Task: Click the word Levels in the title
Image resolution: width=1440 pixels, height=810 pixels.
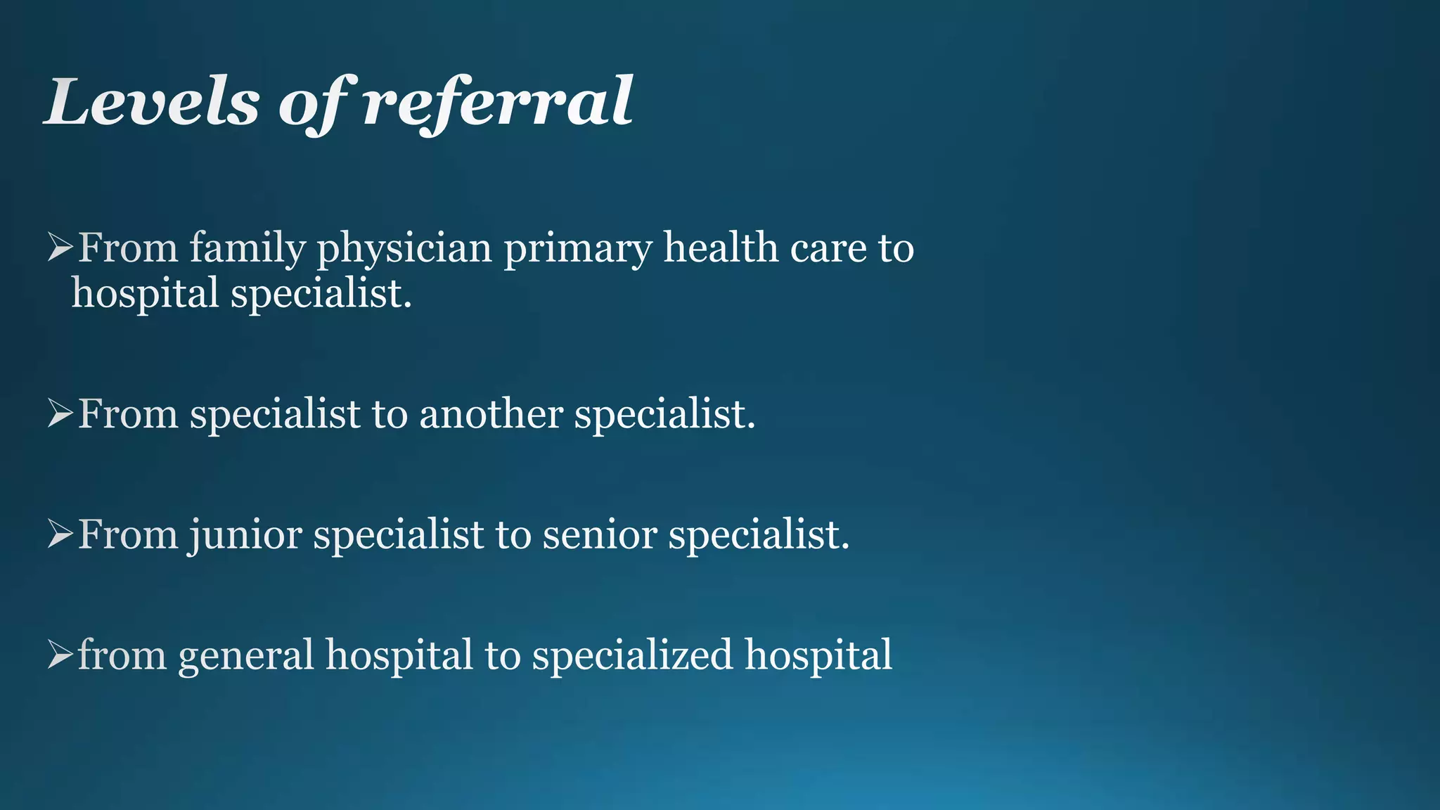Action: [152, 103]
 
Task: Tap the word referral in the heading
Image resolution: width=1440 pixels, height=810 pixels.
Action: [498, 103]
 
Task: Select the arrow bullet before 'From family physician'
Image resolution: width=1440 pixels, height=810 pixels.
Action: [60, 248]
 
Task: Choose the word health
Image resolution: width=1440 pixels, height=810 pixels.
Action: [721, 247]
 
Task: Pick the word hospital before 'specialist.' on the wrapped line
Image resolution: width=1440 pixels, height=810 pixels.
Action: [145, 294]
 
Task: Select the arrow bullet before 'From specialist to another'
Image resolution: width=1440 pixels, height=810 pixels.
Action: [60, 414]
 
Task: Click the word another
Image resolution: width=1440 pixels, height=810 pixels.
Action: [491, 413]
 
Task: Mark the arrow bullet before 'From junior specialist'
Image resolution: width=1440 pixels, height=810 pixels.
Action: [60, 535]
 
